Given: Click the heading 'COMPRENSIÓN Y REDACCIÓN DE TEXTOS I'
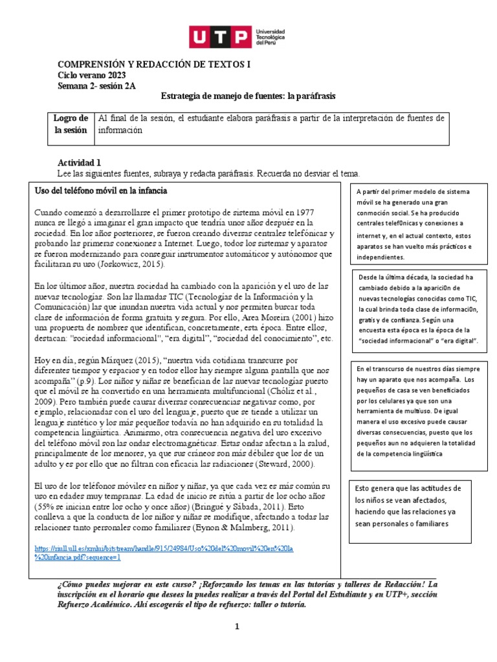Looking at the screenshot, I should coord(153,65).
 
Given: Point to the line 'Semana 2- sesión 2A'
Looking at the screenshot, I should coord(97,86).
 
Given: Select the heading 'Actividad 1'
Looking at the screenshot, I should coord(80,163).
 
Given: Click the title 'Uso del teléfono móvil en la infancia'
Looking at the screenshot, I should coord(100,191).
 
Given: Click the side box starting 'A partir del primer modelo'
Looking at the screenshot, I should coord(414,224).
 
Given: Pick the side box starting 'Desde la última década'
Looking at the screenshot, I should coord(414,309).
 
